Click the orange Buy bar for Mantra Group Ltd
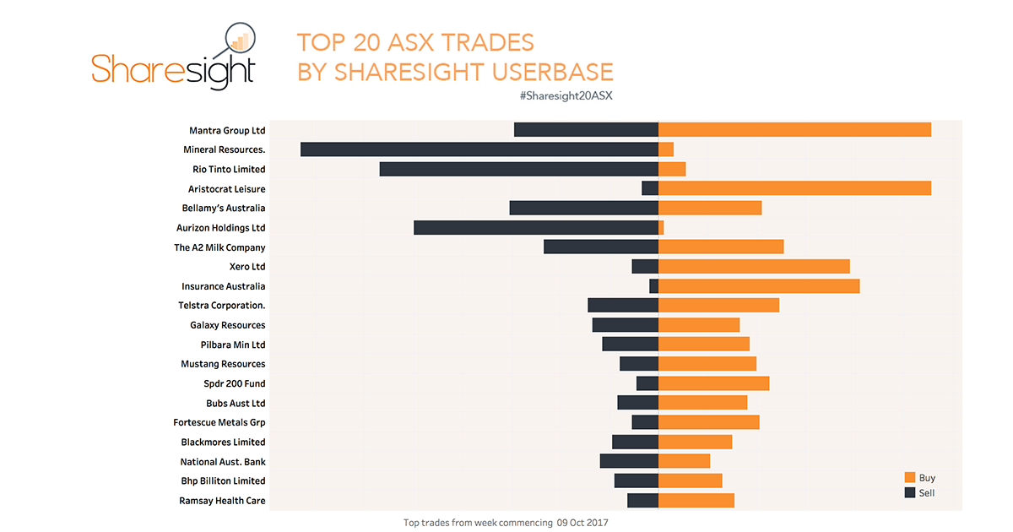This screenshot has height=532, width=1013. click(794, 129)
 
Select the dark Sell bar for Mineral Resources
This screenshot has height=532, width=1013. click(479, 149)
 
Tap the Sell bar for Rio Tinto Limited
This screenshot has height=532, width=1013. click(518, 169)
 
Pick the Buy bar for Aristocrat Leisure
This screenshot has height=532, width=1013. click(794, 188)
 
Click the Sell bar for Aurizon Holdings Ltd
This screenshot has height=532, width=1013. click(535, 227)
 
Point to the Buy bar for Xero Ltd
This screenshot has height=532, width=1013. click(753, 266)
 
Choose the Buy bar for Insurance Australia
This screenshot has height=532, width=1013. click(758, 286)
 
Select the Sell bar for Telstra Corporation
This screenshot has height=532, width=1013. click(622, 306)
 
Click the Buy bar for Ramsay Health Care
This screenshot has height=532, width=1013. click(696, 500)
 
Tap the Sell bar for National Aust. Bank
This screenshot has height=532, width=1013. click(628, 461)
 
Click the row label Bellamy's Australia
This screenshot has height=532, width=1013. click(223, 208)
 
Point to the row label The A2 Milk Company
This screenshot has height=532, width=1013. click(219, 247)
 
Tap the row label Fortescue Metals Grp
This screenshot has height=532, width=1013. click(219, 422)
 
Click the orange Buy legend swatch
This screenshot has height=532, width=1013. click(910, 478)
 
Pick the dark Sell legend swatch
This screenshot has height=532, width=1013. click(910, 492)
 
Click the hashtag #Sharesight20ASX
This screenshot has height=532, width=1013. click(566, 95)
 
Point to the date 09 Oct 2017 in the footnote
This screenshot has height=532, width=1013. click(582, 523)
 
